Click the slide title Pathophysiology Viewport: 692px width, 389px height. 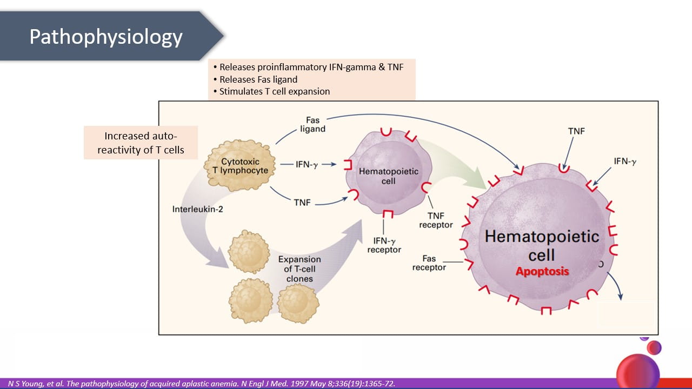coord(106,36)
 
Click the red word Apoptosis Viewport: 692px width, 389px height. coord(542,271)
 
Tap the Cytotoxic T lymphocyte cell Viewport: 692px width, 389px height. coord(240,166)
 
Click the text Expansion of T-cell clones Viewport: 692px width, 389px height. coord(300,269)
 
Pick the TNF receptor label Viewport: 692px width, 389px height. coord(436,220)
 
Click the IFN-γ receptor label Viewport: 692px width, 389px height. coord(384,245)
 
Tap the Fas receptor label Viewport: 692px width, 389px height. coord(429,263)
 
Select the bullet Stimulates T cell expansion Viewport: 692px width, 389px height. coord(275,91)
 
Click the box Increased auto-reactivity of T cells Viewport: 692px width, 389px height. coord(141,143)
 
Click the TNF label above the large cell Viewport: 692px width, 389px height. coord(576,131)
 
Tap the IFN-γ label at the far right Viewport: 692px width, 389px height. coord(625,161)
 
